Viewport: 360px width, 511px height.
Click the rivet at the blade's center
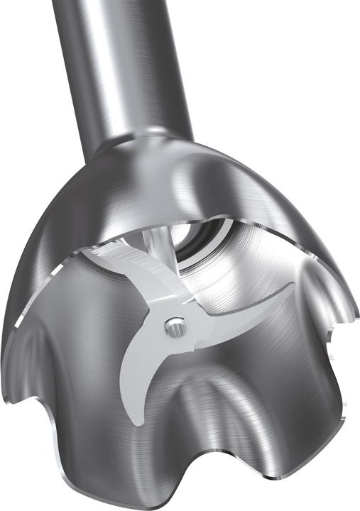point(175,328)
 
